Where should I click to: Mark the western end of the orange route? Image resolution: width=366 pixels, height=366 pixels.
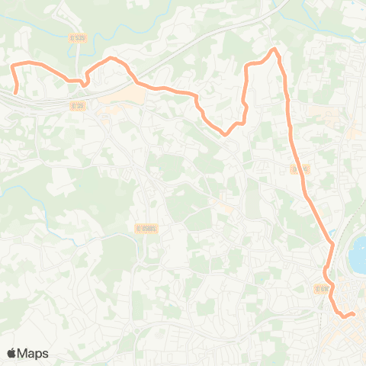coord(16,93)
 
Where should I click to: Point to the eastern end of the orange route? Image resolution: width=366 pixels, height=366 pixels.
coord(354,313)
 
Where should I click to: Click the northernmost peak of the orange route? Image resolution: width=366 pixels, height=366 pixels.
coord(273,50)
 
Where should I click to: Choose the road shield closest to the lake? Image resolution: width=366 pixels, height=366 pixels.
coord(320,287)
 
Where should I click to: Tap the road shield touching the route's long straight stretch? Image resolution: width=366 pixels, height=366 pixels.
coord(300,169)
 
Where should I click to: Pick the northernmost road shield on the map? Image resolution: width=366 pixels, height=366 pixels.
coord(76,37)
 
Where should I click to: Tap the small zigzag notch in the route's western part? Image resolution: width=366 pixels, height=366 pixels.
coord(82,79)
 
